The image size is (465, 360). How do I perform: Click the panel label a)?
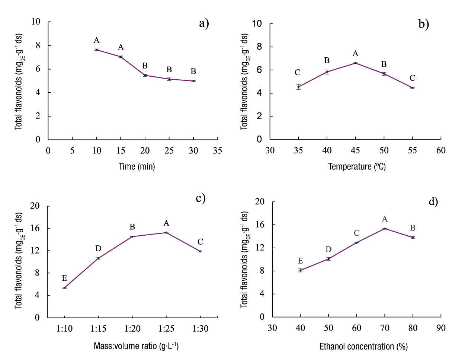(204, 24)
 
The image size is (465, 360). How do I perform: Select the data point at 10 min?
(97, 50)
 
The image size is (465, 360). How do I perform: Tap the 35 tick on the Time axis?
(217, 151)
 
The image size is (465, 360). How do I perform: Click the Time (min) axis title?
(137, 166)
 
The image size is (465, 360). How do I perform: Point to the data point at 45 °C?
(355, 63)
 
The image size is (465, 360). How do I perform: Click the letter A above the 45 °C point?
(355, 54)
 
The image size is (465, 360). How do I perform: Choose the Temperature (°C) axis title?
(357, 166)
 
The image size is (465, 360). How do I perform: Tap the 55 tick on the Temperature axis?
(412, 151)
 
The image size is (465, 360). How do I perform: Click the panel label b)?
(424, 24)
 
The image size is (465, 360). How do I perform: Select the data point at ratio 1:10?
(64, 288)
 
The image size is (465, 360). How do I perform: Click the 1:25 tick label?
(166, 329)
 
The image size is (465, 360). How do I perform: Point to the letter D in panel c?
(98, 249)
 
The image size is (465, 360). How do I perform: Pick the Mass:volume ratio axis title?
(136, 346)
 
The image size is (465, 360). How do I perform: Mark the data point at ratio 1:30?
(200, 251)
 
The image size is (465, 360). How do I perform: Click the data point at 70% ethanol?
(385, 229)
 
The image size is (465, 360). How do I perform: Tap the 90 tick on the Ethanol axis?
(440, 328)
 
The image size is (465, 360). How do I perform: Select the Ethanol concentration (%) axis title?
(363, 347)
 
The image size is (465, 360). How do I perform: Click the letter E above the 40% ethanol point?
(300, 261)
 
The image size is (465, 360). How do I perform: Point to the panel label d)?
(433, 202)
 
